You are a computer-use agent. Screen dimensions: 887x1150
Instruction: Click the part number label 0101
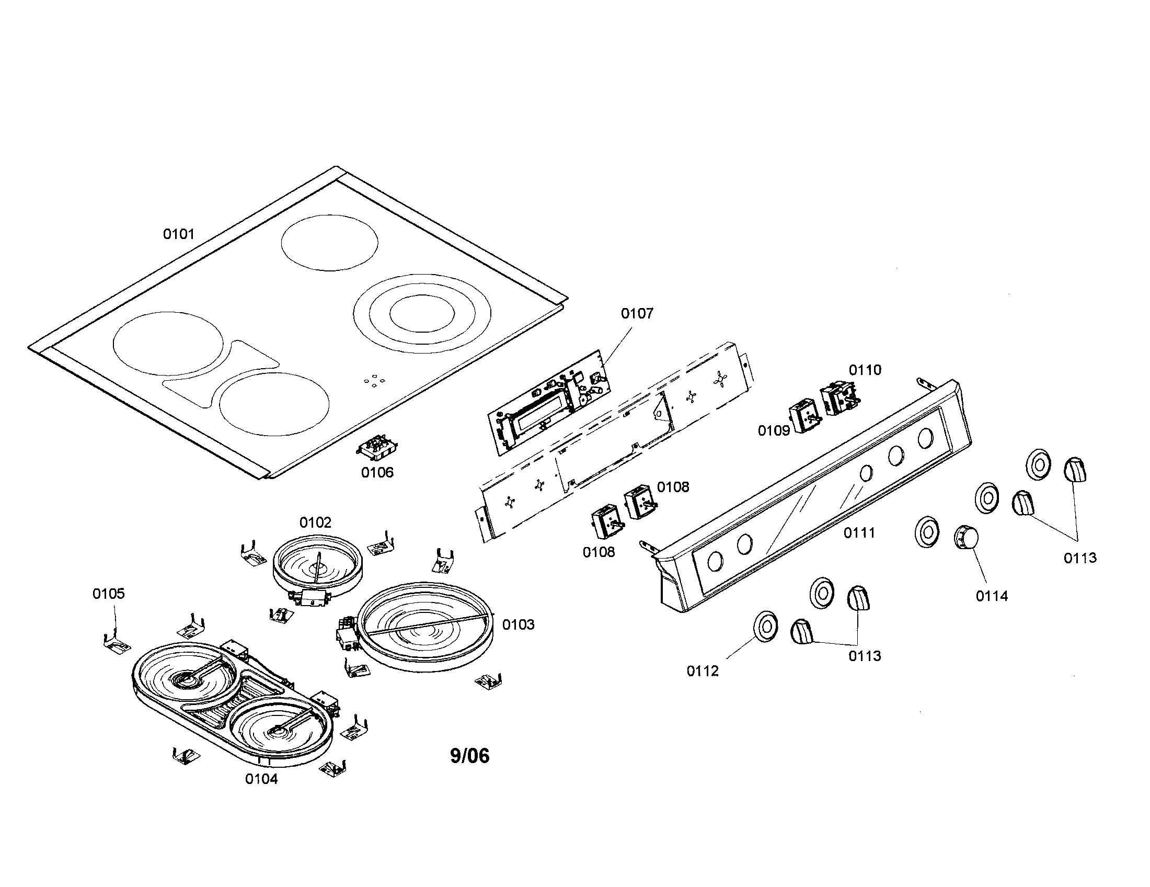(x=178, y=234)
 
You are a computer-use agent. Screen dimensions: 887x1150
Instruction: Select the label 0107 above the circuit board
(x=637, y=313)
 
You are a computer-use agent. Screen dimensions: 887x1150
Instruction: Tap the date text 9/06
(x=470, y=756)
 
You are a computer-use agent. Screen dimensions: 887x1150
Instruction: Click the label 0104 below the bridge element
(x=261, y=779)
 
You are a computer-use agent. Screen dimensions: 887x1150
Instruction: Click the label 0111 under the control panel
(x=859, y=533)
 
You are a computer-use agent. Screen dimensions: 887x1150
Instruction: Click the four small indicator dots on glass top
(x=373, y=381)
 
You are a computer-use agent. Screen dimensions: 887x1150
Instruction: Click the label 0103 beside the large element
(x=518, y=624)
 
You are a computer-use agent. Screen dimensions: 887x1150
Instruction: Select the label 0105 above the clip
(x=109, y=594)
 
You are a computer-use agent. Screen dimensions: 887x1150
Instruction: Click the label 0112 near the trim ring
(x=703, y=671)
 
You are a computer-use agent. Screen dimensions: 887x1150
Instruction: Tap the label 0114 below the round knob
(x=992, y=596)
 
